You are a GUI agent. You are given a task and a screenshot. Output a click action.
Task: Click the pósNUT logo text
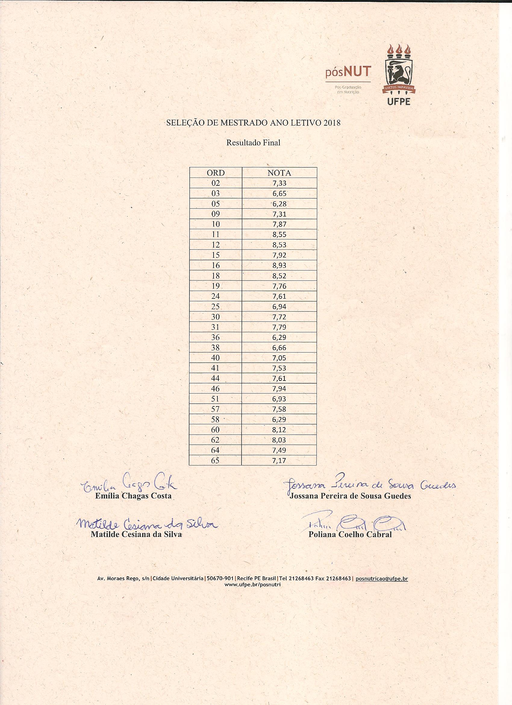(348, 72)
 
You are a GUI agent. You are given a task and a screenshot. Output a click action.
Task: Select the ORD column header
(215, 173)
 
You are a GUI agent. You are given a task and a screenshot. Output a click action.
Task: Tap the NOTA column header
(279, 173)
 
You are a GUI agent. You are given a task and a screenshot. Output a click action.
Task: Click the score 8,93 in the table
(279, 265)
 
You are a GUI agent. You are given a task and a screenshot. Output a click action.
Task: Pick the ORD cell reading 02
(215, 183)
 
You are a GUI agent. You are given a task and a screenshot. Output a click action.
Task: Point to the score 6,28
(279, 204)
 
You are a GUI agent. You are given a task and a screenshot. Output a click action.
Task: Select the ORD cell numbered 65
(215, 460)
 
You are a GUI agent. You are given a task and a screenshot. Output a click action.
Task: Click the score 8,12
(279, 430)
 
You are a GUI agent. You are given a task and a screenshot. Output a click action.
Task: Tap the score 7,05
(279, 358)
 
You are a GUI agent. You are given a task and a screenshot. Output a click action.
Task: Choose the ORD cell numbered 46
(215, 389)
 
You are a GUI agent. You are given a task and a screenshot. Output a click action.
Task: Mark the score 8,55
(279, 235)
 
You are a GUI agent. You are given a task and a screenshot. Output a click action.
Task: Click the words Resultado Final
(253, 143)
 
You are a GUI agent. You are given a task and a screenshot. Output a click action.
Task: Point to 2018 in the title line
(332, 123)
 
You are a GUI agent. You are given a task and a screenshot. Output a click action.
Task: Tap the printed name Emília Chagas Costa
(133, 496)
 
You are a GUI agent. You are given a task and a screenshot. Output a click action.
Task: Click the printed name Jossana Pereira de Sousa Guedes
(350, 496)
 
